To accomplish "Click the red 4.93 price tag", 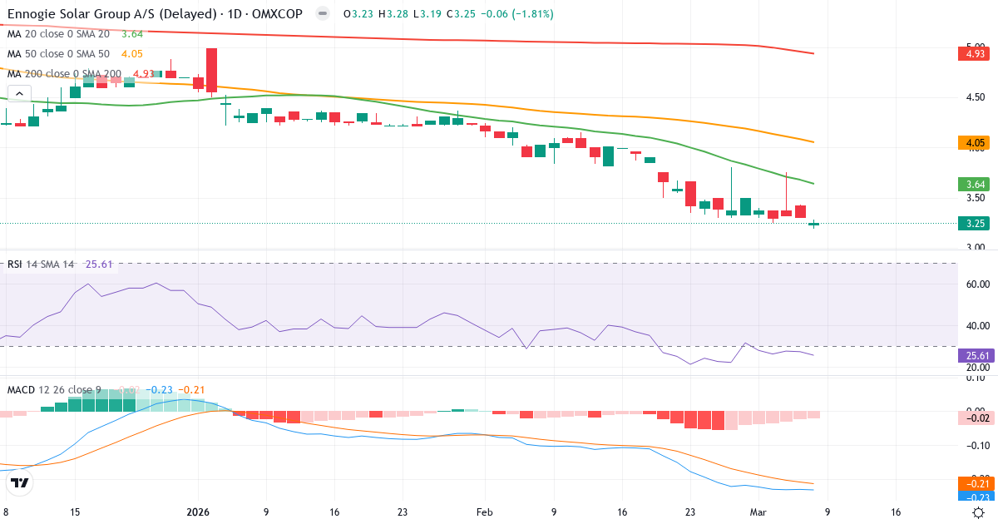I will click(x=974, y=54).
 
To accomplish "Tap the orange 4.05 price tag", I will click(x=974, y=143).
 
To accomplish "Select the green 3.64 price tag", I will click(x=974, y=184).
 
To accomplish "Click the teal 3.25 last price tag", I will click(x=974, y=223).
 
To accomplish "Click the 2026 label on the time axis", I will click(x=198, y=512).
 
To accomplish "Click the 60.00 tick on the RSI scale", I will click(x=977, y=284).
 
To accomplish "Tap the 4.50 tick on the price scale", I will click(x=975, y=97).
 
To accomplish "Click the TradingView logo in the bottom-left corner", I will click(x=20, y=482).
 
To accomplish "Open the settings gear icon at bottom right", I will click(x=979, y=512).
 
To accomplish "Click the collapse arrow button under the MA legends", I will click(x=19, y=93).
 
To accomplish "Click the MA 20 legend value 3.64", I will click(x=132, y=34).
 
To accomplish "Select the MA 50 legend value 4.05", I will click(x=132, y=54).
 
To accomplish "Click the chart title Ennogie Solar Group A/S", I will click(x=87, y=14).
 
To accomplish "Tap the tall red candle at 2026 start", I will click(x=211, y=70).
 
